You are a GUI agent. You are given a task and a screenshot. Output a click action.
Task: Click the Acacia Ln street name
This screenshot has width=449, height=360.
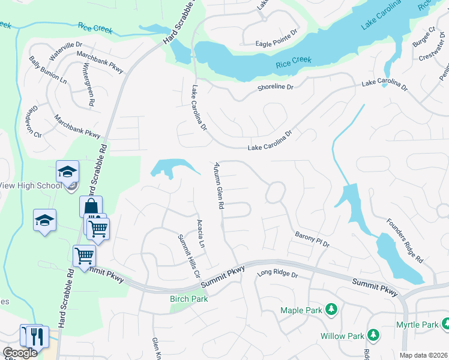(201, 235)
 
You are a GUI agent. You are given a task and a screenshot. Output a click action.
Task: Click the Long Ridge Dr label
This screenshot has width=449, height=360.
(277, 274)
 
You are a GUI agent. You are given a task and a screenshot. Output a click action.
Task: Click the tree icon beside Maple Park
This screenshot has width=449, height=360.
(330, 310)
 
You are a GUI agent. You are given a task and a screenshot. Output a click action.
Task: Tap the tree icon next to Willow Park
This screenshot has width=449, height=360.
(373, 334)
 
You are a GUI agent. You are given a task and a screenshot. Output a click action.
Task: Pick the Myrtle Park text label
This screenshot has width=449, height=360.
(417, 325)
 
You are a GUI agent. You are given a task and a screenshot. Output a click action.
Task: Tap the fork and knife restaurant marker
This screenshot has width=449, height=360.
(38, 336)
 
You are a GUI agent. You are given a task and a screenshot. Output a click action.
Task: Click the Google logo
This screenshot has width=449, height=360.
(20, 353)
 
